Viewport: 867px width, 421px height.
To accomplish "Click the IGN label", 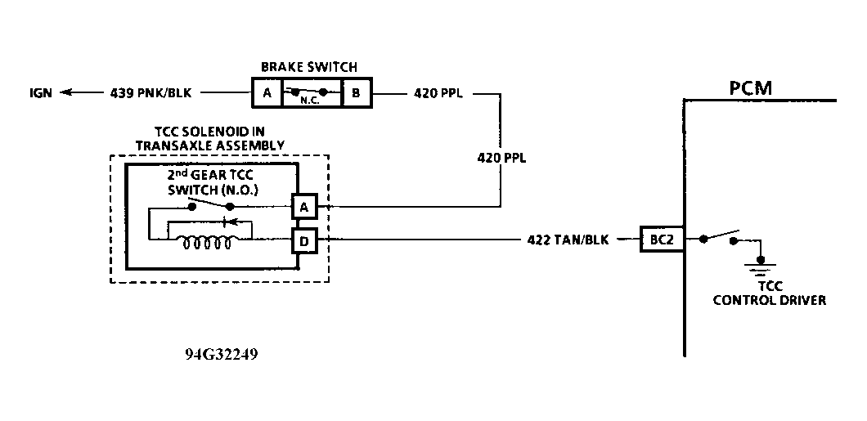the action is [x=41, y=93].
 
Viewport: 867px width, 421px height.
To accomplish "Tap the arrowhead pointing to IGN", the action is [x=66, y=93].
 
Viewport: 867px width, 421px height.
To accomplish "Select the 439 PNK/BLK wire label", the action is [x=151, y=93].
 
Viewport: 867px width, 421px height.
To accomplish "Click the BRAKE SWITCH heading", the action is [x=309, y=67].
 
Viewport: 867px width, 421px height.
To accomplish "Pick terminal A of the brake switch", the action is [x=267, y=93].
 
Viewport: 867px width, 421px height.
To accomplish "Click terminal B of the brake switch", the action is [x=357, y=93].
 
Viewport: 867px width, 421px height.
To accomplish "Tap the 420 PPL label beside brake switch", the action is [x=438, y=93].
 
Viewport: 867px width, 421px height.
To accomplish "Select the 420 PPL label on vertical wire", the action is [x=501, y=158].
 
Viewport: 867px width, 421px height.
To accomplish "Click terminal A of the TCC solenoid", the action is [x=304, y=207].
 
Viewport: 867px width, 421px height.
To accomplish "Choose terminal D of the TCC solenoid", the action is [x=304, y=240].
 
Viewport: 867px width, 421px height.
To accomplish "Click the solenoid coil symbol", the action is [x=207, y=242].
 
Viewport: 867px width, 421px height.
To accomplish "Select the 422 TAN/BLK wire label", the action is [x=568, y=240].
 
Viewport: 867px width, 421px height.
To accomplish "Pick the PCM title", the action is [x=751, y=88].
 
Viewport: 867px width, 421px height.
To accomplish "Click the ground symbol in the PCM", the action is [x=761, y=265].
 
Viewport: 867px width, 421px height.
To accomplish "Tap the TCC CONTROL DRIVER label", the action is [x=770, y=294].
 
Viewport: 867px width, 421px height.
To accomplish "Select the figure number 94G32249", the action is [x=221, y=354].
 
